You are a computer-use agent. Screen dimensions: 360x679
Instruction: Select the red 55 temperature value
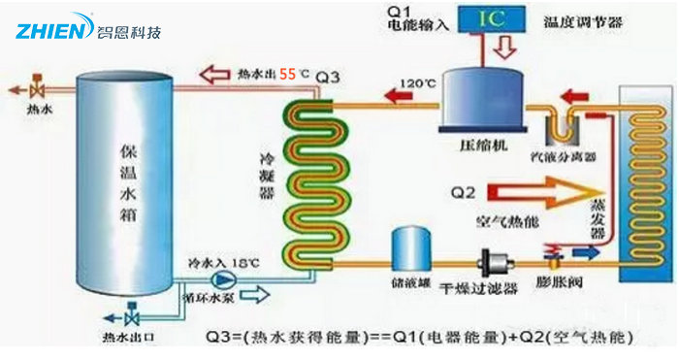click(x=288, y=73)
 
